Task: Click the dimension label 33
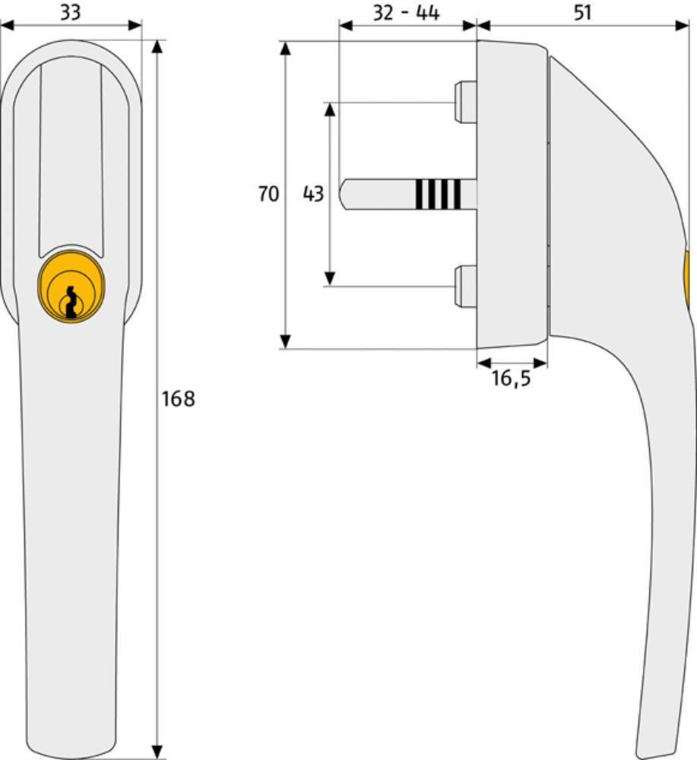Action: (x=70, y=11)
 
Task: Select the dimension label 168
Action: (x=178, y=399)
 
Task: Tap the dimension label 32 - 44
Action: (x=406, y=12)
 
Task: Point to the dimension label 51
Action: (x=582, y=11)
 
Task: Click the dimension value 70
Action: (x=268, y=194)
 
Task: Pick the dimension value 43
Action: (x=313, y=194)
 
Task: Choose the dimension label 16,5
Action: (x=511, y=378)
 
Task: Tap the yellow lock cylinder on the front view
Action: (x=71, y=285)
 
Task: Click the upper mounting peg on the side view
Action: (x=466, y=101)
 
